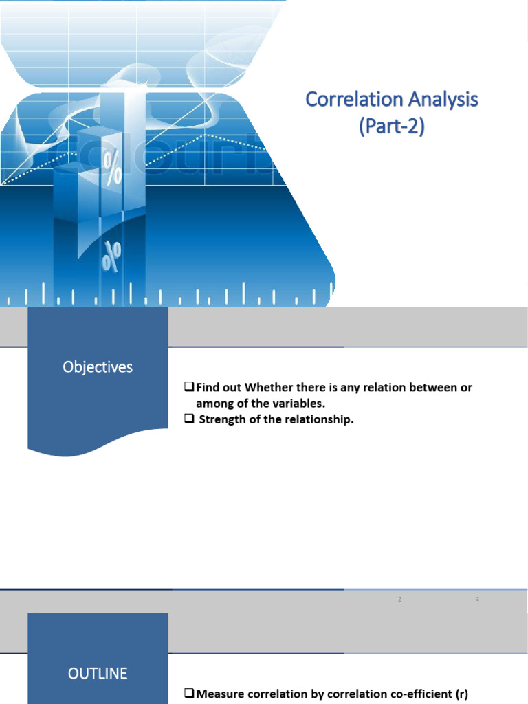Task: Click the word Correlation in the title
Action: [351, 100]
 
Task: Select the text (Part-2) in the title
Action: [391, 127]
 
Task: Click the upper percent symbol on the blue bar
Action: [112, 168]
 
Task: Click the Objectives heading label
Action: [98, 367]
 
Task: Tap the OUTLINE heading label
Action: [98, 673]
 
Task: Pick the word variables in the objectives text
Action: [296, 404]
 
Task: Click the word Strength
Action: [221, 420]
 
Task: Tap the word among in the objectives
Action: [214, 404]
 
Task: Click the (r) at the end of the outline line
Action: [461, 694]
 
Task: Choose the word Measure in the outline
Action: [220, 694]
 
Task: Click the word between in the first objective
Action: [434, 388]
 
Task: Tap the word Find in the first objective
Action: [208, 388]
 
